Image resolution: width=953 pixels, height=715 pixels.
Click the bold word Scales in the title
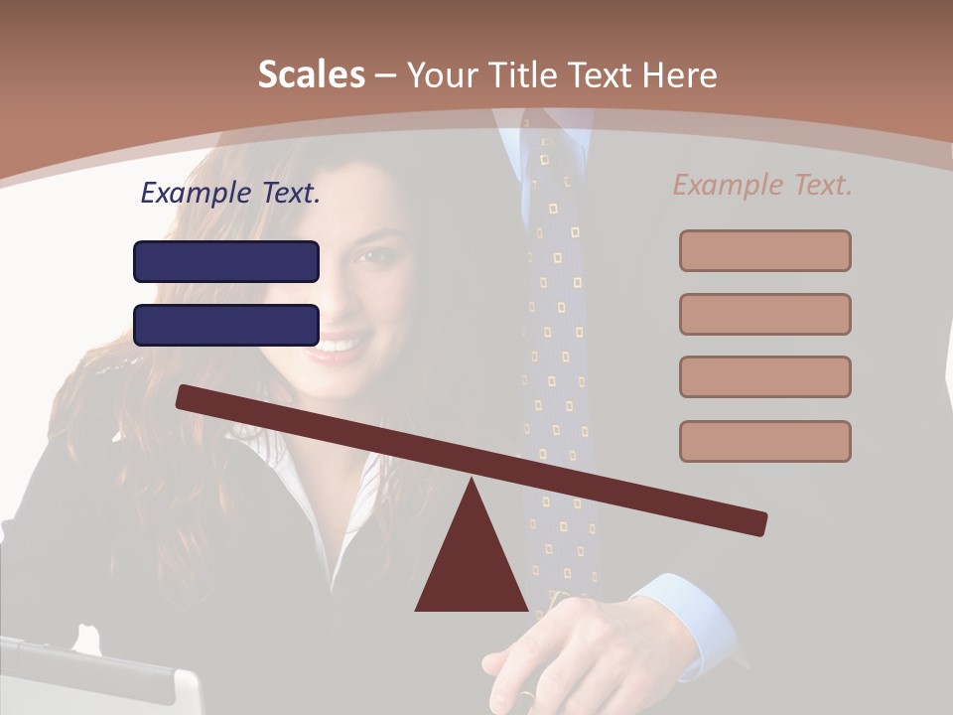click(x=311, y=75)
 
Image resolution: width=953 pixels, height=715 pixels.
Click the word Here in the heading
click(x=680, y=75)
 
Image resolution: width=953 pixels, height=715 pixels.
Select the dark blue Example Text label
click(x=230, y=194)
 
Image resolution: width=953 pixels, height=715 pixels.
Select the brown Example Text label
click(x=762, y=185)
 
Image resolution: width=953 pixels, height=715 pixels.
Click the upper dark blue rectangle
click(x=226, y=261)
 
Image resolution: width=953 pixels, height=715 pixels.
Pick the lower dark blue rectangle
click(x=226, y=325)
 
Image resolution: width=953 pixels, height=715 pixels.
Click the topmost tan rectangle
click(x=764, y=250)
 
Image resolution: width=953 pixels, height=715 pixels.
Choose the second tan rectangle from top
click(x=764, y=314)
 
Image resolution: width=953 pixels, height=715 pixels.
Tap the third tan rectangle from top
click(x=764, y=376)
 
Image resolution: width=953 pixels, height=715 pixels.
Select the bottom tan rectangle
click(x=764, y=441)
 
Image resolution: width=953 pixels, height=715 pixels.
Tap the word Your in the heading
click(x=445, y=75)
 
